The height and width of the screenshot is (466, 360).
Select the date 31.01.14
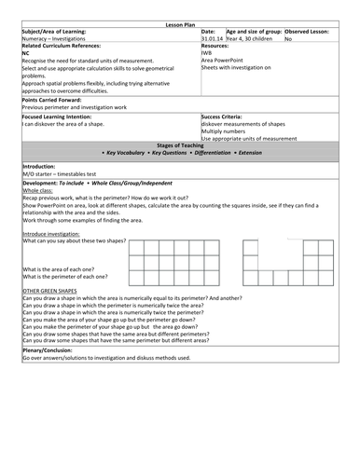(212, 39)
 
